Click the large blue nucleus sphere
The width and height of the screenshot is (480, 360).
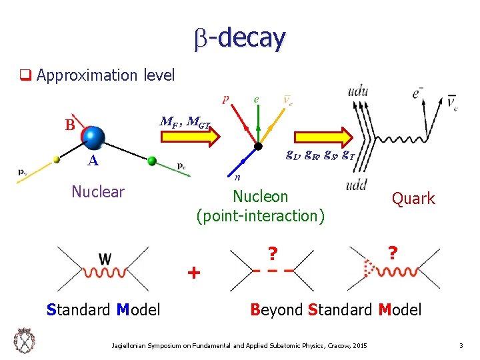tap(95, 137)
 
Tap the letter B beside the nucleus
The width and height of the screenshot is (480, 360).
tap(69, 125)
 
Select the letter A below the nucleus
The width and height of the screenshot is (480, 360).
tap(94, 161)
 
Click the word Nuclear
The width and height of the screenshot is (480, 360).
tap(98, 192)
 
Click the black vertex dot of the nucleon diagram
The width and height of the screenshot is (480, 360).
tap(259, 147)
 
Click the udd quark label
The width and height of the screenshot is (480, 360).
tap(360, 185)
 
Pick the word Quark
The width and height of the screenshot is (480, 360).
tap(413, 199)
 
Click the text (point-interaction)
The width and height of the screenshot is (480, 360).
tap(261, 216)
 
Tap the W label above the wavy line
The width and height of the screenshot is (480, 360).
tap(105, 257)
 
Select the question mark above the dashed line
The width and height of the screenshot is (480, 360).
tap(271, 254)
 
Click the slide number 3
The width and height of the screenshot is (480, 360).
tap(460, 345)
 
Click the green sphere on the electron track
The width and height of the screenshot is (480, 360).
tap(152, 161)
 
